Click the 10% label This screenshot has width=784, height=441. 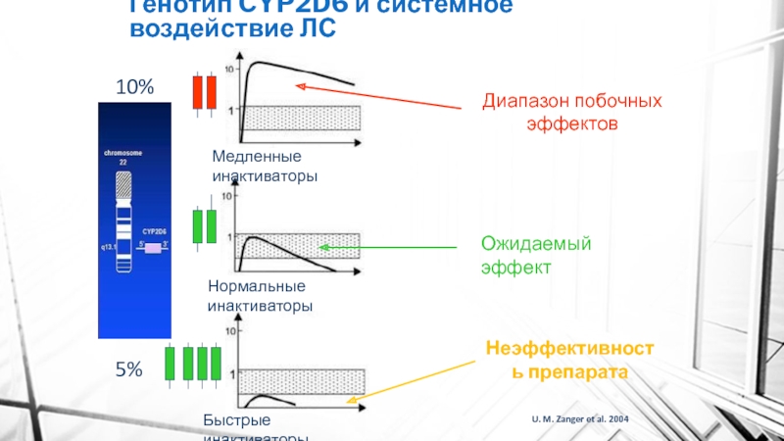click(x=135, y=87)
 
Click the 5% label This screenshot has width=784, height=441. click(x=129, y=369)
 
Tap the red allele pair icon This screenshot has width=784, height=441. click(x=203, y=91)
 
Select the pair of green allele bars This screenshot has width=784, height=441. click(x=204, y=225)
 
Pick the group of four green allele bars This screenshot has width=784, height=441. click(x=192, y=362)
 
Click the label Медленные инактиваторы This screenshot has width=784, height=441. click(x=258, y=167)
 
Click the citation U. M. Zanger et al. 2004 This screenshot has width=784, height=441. click(x=581, y=419)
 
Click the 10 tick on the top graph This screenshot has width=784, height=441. click(x=230, y=70)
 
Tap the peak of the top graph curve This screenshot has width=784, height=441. click(x=258, y=64)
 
